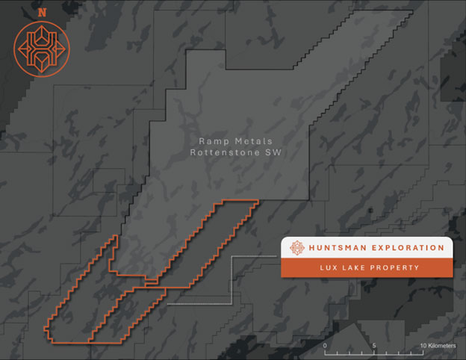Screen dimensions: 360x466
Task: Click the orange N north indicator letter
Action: click(x=40, y=13)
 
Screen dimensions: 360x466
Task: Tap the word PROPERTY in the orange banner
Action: click(x=394, y=267)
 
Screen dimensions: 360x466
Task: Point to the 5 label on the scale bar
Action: click(x=373, y=346)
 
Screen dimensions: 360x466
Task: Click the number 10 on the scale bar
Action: click(x=423, y=346)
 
